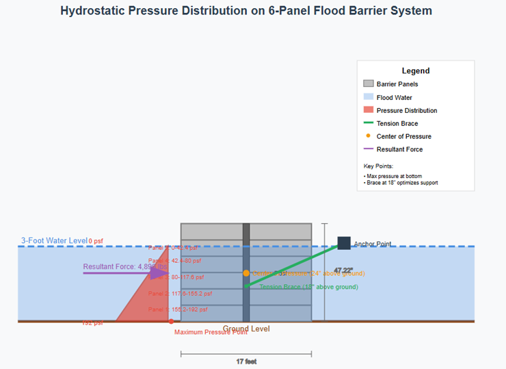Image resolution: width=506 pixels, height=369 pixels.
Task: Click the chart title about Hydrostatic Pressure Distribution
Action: (x=246, y=11)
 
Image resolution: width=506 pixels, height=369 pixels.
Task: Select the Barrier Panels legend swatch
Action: (x=369, y=84)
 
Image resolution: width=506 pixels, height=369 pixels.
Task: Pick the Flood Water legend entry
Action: (x=394, y=97)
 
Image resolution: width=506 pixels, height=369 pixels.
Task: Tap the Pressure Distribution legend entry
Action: (x=406, y=110)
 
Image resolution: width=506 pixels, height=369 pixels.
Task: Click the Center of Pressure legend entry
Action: (x=403, y=136)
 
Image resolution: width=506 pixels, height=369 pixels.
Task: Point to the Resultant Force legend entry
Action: (x=399, y=149)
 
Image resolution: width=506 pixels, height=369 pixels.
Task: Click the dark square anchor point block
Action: (x=344, y=243)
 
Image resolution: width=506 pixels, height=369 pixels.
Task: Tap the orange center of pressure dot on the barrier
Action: (x=246, y=273)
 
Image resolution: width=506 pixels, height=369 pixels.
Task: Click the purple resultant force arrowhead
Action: (x=159, y=273)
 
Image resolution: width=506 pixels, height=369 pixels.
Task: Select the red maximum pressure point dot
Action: (x=170, y=321)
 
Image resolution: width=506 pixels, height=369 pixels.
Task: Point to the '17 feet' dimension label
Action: (x=246, y=361)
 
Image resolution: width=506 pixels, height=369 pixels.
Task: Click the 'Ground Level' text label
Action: (x=246, y=329)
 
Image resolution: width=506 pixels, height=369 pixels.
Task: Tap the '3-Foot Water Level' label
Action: (x=54, y=241)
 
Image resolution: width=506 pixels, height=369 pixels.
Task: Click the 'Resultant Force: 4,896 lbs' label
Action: (x=124, y=267)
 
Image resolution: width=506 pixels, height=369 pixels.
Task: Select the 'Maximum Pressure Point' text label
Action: (x=211, y=333)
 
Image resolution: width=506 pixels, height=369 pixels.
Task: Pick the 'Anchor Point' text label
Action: (x=373, y=244)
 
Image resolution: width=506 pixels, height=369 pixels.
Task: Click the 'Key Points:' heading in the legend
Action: (x=379, y=166)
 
